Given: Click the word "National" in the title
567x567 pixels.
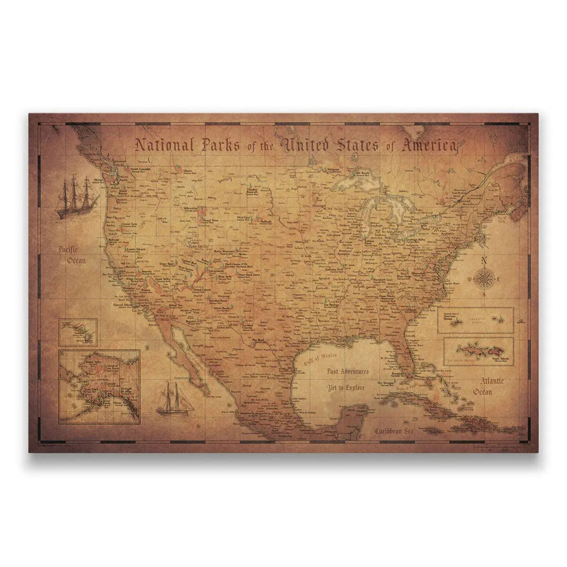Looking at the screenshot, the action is pos(164,145).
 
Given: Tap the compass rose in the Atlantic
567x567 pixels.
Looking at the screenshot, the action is pos(484,279).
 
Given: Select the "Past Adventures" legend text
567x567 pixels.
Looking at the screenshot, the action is pos(348,372).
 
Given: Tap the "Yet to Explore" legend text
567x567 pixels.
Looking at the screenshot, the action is pos(346,387).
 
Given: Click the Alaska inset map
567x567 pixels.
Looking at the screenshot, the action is pos(99,386).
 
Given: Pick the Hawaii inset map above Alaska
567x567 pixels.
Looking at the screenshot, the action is pos(78,331).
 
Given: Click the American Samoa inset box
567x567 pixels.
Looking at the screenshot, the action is pos(475,321).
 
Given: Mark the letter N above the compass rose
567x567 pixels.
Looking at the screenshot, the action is pos(484,262).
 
